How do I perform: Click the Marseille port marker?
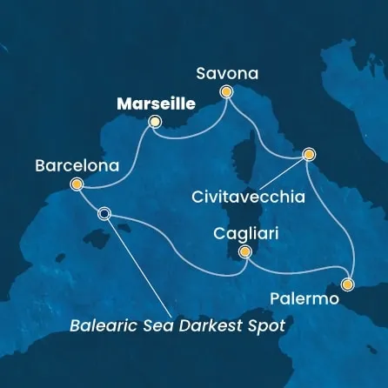coord(155,122)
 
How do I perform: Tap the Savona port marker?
coord(227,91)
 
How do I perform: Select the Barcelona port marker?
coord(77,184)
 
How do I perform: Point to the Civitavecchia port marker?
coord(308,155)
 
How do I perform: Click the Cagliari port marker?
coord(245,252)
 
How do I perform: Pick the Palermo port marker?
coord(348,284)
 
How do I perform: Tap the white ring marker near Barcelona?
coord(104,213)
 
